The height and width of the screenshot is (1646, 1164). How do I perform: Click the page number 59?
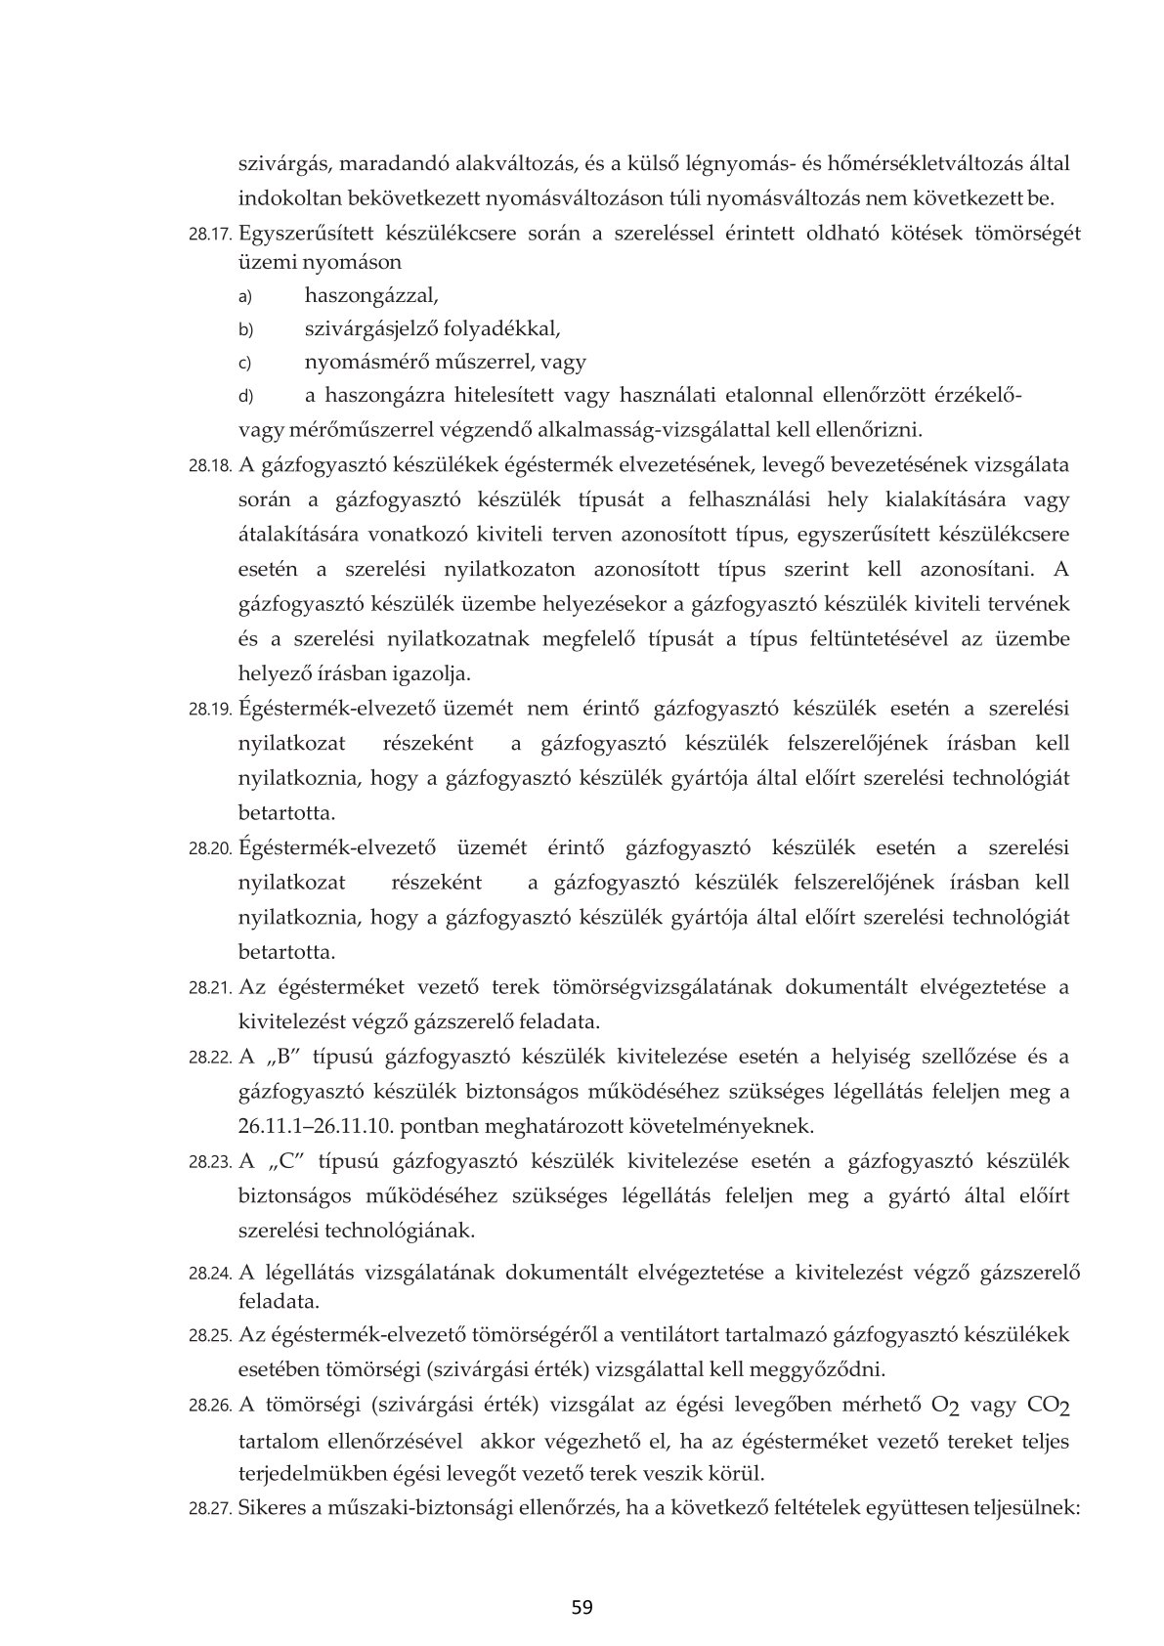click(582, 1607)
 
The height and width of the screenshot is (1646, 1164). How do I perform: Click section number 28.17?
click(210, 236)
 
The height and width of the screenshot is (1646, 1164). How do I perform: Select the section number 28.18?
click(210, 466)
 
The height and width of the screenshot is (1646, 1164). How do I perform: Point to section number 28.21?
click(210, 988)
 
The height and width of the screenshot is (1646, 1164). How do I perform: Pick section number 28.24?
click(210, 1274)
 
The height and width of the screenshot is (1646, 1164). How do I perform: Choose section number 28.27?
click(210, 1509)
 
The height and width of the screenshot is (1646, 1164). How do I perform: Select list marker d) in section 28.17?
click(245, 397)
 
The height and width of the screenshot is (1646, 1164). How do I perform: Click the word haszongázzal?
click(371, 294)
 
